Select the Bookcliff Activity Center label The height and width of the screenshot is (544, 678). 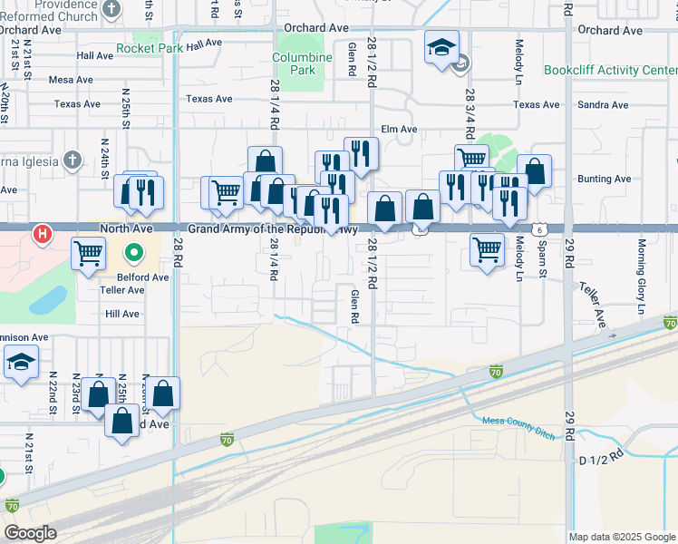pyautogui.click(x=610, y=70)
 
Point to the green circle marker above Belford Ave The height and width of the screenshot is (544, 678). pyautogui.click(x=134, y=252)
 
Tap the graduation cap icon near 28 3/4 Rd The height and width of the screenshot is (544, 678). pyautogui.click(x=441, y=48)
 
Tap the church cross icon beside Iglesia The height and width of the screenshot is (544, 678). pyautogui.click(x=73, y=160)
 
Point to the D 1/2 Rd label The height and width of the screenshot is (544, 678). pyautogui.click(x=601, y=457)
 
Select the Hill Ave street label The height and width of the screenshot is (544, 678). pyautogui.click(x=122, y=314)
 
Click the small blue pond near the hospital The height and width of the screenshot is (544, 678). pyautogui.click(x=52, y=300)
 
